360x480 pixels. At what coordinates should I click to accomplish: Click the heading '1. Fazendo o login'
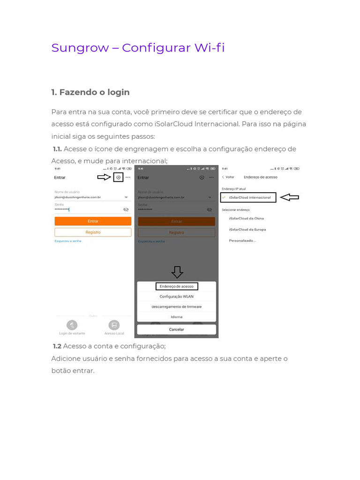[90, 92]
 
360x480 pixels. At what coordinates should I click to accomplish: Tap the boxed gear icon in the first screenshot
[118, 177]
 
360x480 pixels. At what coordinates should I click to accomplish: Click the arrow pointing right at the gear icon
[104, 177]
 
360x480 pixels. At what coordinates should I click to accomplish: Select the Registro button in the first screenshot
[93, 232]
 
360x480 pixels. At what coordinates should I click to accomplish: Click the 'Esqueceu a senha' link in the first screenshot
[68, 241]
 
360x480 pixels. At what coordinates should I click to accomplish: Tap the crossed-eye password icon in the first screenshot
[126, 210]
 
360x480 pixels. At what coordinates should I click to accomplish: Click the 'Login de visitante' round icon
[72, 325]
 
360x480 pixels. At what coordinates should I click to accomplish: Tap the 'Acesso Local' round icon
[114, 325]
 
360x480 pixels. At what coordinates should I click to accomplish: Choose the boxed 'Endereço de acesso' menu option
[176, 286]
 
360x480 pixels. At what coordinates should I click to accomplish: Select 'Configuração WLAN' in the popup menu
[176, 297]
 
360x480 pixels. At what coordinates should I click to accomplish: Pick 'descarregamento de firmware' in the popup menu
[176, 307]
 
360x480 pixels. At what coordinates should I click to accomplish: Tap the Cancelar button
[176, 330]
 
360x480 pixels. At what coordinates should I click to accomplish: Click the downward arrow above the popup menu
[177, 272]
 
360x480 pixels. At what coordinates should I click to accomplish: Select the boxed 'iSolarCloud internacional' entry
[248, 197]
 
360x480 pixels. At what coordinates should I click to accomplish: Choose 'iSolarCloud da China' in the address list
[246, 218]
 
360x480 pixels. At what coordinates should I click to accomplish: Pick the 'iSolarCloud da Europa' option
[247, 230]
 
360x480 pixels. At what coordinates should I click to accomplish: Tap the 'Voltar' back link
[228, 177]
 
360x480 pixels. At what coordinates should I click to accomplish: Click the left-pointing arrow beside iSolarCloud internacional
[289, 197]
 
